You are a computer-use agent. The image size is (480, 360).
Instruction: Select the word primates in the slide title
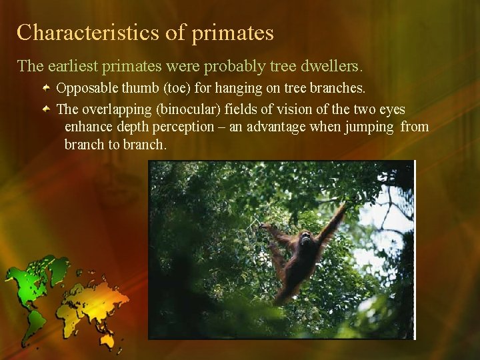pyautogui.click(x=233, y=33)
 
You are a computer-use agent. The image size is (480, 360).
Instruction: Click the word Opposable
pyautogui.click(x=85, y=88)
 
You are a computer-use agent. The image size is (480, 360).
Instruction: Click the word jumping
pyautogui.click(x=369, y=127)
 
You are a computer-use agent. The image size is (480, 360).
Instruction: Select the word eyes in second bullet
pyautogui.click(x=393, y=109)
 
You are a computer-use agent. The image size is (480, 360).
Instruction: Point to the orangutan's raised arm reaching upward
pyautogui.click(x=333, y=223)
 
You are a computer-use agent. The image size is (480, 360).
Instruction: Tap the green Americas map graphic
pyautogui.click(x=30, y=287)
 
